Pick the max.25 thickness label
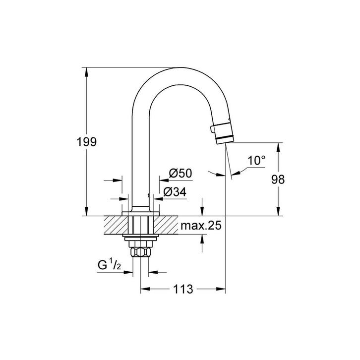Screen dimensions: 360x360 (200, 226)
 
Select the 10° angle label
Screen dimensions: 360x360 (257, 161)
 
